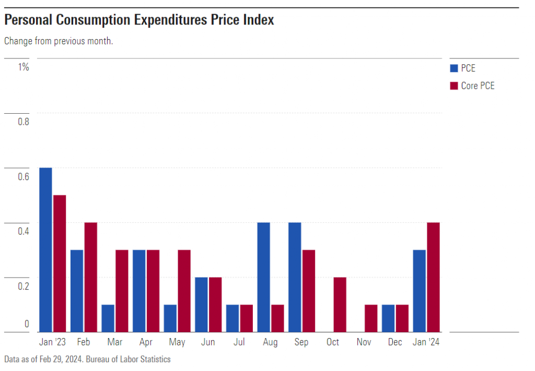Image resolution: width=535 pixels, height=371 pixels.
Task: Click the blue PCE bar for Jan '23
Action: tap(45, 249)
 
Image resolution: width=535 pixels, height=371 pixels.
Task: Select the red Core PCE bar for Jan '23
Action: tap(60, 263)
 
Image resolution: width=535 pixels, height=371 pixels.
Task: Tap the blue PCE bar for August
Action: tap(263, 277)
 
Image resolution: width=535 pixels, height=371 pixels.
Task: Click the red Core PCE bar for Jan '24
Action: tap(433, 277)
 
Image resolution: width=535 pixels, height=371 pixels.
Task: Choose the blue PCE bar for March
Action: tap(108, 318)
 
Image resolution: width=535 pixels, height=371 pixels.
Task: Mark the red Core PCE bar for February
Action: tap(90, 277)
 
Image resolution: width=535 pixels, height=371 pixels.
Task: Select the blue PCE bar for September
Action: tap(295, 277)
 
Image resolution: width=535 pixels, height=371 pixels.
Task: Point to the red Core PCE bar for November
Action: tap(371, 318)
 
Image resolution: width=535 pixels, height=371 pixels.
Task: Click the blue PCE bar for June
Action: tap(201, 304)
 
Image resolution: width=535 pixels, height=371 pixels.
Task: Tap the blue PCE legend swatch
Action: tap(453, 68)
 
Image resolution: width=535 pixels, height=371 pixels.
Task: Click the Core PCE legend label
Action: tap(478, 86)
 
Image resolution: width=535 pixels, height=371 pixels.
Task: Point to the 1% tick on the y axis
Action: tap(24, 67)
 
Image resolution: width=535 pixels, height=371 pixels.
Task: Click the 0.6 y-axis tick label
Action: tap(23, 176)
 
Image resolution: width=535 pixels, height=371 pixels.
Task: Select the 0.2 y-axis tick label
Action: tap(23, 286)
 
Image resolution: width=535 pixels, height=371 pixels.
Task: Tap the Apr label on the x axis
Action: tap(146, 342)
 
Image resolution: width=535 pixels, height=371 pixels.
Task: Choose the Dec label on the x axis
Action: tap(395, 342)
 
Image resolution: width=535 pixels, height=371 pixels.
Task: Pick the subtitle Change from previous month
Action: tap(59, 41)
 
